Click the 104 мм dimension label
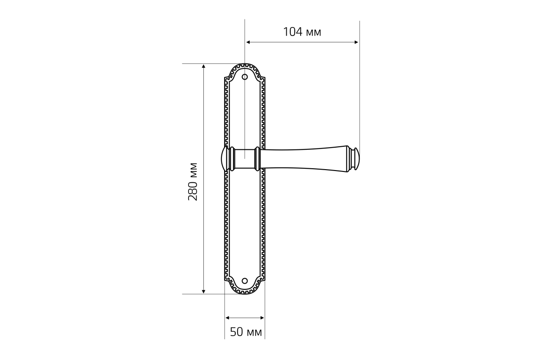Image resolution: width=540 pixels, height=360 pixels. pos(302,32)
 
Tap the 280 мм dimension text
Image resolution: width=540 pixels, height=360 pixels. pos(193,181)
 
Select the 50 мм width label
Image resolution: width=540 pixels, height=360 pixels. pos(246,332)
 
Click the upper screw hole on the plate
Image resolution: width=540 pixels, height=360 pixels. pos(245,77)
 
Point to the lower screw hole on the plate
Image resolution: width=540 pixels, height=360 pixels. pos(245,281)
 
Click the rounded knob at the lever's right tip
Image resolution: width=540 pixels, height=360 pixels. pos(356,159)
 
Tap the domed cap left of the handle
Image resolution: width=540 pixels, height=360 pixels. pos(225,159)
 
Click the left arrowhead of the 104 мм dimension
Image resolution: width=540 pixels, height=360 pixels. pos(248,42)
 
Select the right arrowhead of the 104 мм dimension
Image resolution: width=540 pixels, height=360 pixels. pos(356,42)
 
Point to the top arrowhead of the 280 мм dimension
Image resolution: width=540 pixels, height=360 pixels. pos(203,66)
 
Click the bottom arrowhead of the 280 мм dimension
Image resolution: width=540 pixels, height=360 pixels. pos(203,292)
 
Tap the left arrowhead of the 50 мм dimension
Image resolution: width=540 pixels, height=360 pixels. pos(227,318)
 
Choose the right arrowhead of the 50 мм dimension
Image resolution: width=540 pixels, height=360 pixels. pos(262,318)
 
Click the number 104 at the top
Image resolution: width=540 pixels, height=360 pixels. pos(292,32)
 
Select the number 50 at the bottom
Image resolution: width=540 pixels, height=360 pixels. pos(237,332)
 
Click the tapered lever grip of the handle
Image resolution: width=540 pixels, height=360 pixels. pos(304,159)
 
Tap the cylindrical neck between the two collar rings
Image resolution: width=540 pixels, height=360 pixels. pos(245,159)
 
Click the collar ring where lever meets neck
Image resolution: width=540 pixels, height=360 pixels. pos(257,159)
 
